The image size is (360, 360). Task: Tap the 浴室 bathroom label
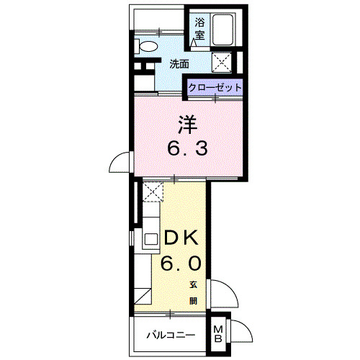click(x=199, y=29)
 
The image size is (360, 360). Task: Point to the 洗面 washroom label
click(x=179, y=63)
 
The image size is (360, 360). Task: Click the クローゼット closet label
click(x=215, y=87)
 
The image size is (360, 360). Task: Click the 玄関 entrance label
click(x=194, y=291)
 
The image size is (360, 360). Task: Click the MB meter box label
click(x=220, y=333)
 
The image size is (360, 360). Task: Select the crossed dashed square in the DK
click(x=153, y=191)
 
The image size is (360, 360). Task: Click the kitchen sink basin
click(x=150, y=239)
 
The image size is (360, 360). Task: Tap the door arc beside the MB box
click(x=243, y=333)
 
